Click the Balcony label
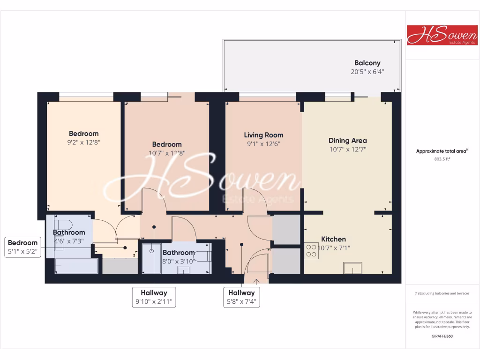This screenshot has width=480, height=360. click(x=367, y=63)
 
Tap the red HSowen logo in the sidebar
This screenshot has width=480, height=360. click(x=442, y=35)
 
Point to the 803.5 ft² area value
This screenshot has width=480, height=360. click(x=442, y=159)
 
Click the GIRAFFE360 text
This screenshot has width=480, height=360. click(x=442, y=336)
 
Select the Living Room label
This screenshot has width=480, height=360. click(x=263, y=135)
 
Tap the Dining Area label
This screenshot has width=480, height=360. click(x=347, y=141)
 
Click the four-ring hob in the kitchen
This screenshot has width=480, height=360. click(x=312, y=250)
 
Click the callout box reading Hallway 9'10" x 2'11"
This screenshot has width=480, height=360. click(x=154, y=297)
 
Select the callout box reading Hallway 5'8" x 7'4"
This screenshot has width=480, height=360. click(x=241, y=297)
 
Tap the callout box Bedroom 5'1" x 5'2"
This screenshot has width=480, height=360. click(x=22, y=247)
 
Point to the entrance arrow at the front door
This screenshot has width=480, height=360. click(x=256, y=281)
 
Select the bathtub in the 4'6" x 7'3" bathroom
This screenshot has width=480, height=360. click(x=76, y=266)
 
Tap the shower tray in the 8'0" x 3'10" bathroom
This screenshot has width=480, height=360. click(x=151, y=258)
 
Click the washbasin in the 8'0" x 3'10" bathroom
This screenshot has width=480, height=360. click(x=184, y=270)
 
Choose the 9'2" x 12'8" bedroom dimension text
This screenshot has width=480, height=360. click(x=84, y=142)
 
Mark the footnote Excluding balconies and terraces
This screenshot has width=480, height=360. click(x=442, y=293)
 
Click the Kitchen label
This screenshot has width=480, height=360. click(x=333, y=239)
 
